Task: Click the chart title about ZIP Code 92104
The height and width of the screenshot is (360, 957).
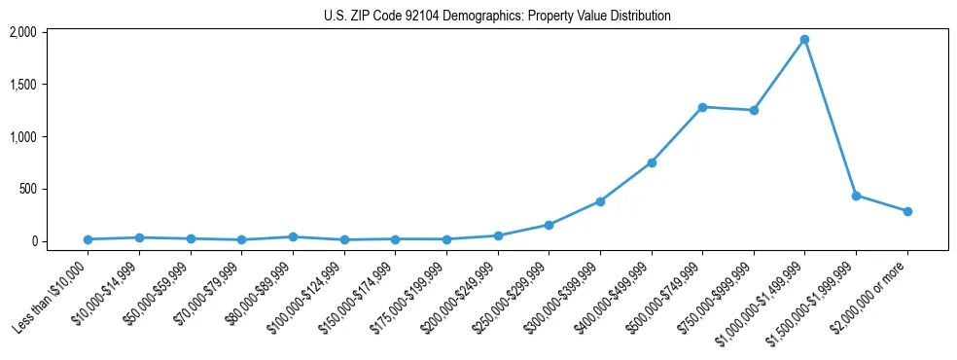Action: point(497,16)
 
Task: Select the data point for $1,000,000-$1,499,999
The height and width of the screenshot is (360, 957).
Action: point(804,40)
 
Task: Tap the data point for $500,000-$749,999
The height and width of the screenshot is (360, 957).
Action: point(702,107)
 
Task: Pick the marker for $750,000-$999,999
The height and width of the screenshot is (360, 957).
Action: point(754,110)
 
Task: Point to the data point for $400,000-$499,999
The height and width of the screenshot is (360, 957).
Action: point(652,162)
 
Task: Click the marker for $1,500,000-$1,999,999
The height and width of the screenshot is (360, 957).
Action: point(856,196)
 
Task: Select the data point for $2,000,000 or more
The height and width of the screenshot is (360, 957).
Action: point(907,211)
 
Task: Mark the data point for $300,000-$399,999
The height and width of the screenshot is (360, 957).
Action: point(600,201)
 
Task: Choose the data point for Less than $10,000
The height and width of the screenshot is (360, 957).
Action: point(89,239)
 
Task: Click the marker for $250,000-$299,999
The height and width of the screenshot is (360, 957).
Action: point(549,225)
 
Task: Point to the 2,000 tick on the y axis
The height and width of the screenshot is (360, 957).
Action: point(22,32)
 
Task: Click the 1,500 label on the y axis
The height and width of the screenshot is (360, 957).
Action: point(22,85)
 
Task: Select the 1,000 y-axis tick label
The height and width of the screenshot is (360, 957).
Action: point(22,137)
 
